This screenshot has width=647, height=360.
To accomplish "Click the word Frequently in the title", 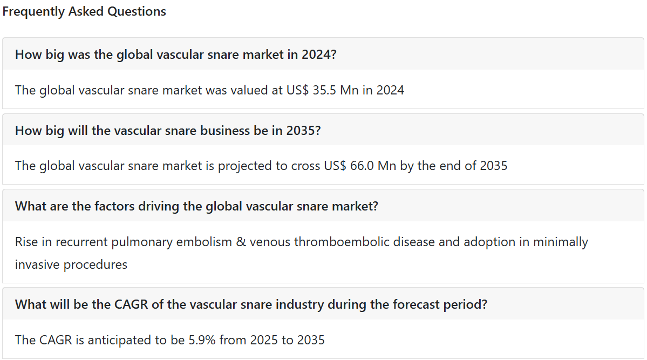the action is point(33,12).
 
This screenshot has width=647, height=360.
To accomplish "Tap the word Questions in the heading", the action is point(137,11).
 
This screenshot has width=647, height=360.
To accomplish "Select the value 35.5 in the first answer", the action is point(324,90).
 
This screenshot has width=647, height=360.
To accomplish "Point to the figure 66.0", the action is point(362,166).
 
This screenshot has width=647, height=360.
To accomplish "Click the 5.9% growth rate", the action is point(202,340).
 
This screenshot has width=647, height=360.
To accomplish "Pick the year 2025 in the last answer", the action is point(264,340).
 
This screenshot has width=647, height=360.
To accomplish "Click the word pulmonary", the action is point(141,242).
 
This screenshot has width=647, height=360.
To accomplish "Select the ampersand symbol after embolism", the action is point(241,242).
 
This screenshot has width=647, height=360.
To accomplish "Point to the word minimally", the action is point(560,242).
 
